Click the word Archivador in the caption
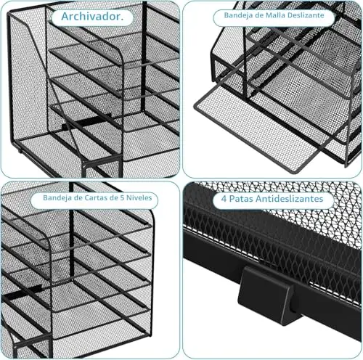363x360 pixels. coord(91,17)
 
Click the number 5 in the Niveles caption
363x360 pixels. coord(123,198)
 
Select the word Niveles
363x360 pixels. coord(139,197)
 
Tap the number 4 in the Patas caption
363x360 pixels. coord(224,199)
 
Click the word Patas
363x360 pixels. coord(242,199)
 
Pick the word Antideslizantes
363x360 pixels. coord(290,199)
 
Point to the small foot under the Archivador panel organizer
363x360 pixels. coord(20,152)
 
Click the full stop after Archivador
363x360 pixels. coord(122,20)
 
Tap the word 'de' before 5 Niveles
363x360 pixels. coord(113,197)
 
